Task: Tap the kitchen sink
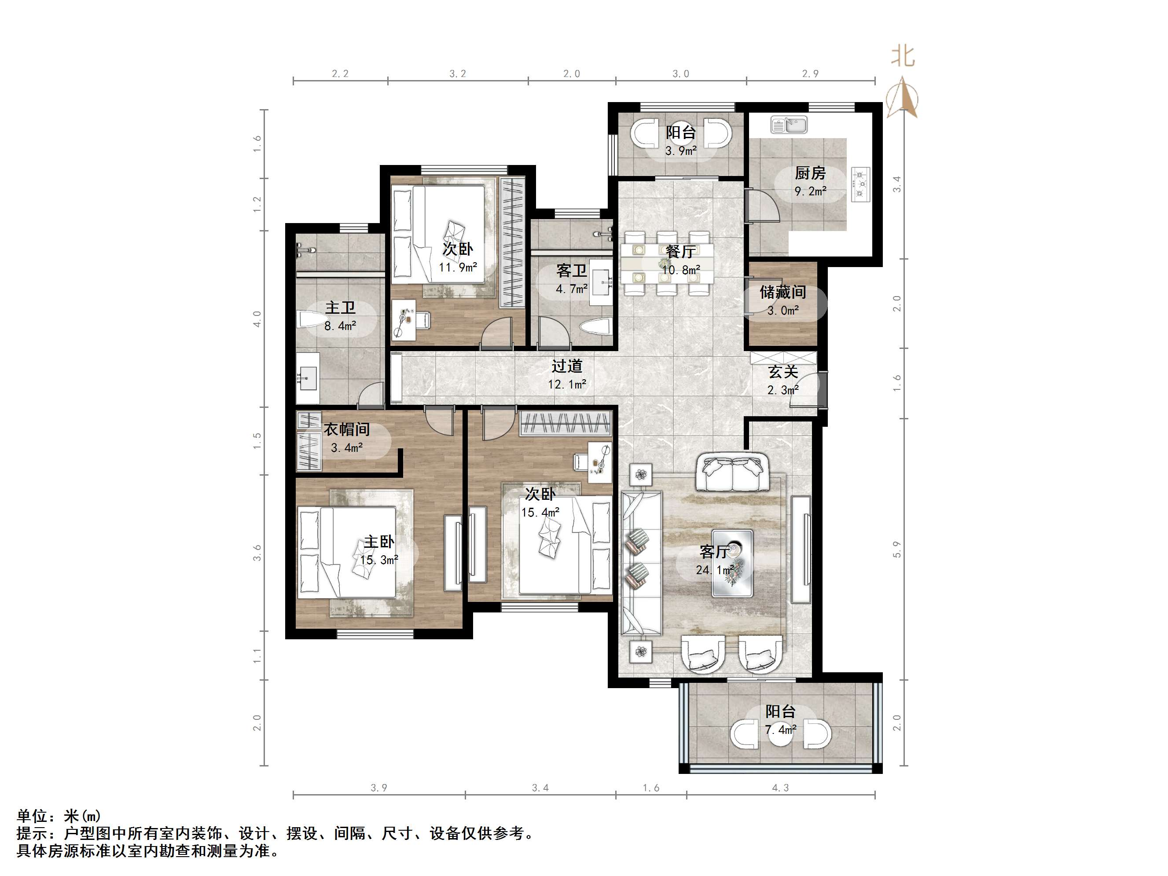pyautogui.click(x=789, y=125)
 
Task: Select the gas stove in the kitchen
pyautogui.click(x=861, y=184)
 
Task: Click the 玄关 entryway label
pyautogui.click(x=782, y=372)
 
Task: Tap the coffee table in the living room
pyautogui.click(x=732, y=563)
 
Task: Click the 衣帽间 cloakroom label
pyautogui.click(x=346, y=429)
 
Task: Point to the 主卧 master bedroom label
pyautogui.click(x=379, y=542)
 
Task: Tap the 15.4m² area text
pyautogui.click(x=540, y=512)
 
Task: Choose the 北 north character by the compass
pyautogui.click(x=903, y=55)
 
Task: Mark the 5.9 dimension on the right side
pyautogui.click(x=896, y=550)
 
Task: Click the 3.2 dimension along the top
pyautogui.click(x=458, y=74)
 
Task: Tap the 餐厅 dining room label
pyautogui.click(x=681, y=252)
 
